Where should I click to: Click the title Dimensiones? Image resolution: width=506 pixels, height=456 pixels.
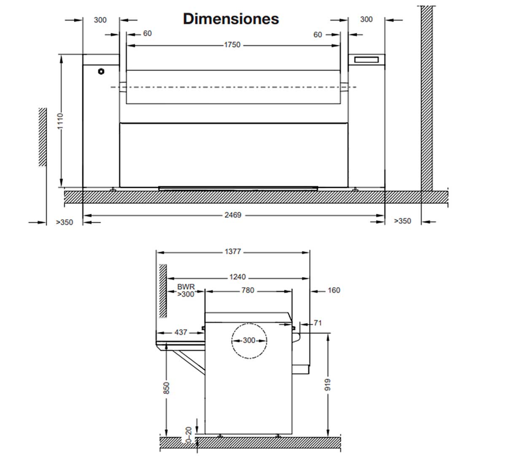[x=231, y=19]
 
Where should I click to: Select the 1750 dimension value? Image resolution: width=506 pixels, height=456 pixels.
[x=232, y=45]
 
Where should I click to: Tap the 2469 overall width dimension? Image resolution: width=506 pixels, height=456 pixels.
[x=233, y=215]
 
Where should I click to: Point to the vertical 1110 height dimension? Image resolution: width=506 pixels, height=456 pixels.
[x=60, y=121]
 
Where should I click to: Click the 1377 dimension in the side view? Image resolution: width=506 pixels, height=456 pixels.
[x=233, y=252]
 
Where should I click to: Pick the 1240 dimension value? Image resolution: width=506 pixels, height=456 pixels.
[x=237, y=277]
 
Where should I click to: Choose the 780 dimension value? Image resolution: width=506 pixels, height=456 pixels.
[x=248, y=290]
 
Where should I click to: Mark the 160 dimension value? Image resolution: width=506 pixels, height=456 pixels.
[x=334, y=290]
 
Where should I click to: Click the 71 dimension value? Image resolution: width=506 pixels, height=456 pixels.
[x=318, y=323]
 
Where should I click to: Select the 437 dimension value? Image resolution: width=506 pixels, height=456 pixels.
[x=181, y=332]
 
